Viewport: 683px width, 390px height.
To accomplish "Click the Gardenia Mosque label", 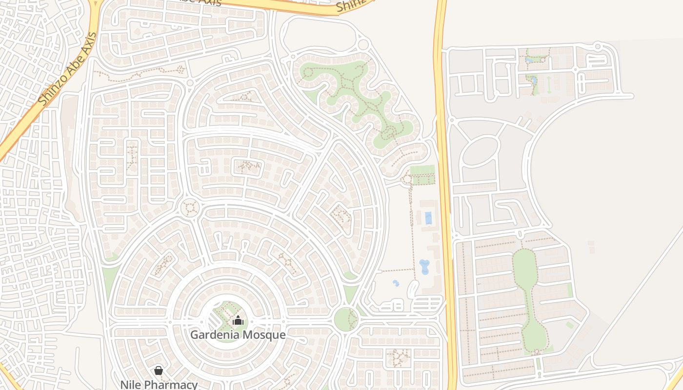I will (238, 335).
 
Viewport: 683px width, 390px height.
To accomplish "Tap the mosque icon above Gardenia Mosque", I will (238, 320).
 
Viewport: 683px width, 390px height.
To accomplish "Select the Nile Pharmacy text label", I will (159, 384).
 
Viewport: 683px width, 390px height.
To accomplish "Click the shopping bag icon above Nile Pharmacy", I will (159, 371).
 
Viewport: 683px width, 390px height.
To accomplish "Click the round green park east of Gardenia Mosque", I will (346, 319).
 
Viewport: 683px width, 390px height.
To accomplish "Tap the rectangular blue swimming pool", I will (428, 218).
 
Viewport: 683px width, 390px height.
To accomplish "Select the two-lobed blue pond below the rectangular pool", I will (424, 267).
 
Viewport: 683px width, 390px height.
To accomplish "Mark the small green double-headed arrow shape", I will (549, 84).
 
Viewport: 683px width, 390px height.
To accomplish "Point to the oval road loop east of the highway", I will (480, 151).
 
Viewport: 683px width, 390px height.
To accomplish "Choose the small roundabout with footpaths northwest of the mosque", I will (190, 208).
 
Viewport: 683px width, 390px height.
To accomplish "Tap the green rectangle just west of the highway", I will (422, 175).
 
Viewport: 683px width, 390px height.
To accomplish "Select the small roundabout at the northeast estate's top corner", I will (598, 46).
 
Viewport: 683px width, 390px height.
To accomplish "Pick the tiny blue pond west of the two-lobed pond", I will (396, 283).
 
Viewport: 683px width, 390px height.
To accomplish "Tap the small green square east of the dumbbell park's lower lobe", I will (569, 325).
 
